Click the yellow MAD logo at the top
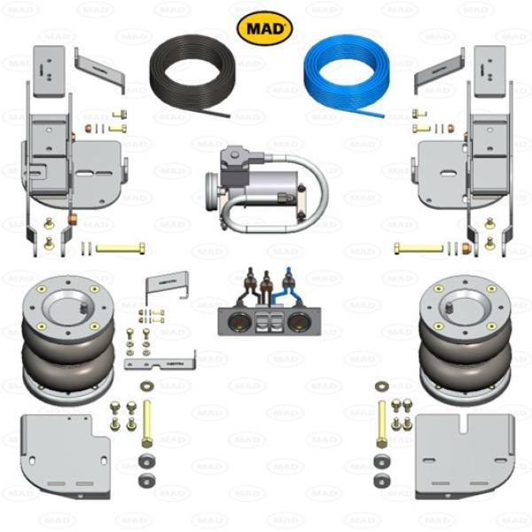264,28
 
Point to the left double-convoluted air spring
68,340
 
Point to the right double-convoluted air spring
465,340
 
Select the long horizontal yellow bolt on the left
121,248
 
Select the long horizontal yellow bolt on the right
419,248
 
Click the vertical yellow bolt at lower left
146,424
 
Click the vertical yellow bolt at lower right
381,424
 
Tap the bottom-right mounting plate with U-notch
465,457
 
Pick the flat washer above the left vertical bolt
147,386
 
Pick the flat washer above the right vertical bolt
382,386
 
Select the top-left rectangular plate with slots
49,72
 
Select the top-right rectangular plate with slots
489,72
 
